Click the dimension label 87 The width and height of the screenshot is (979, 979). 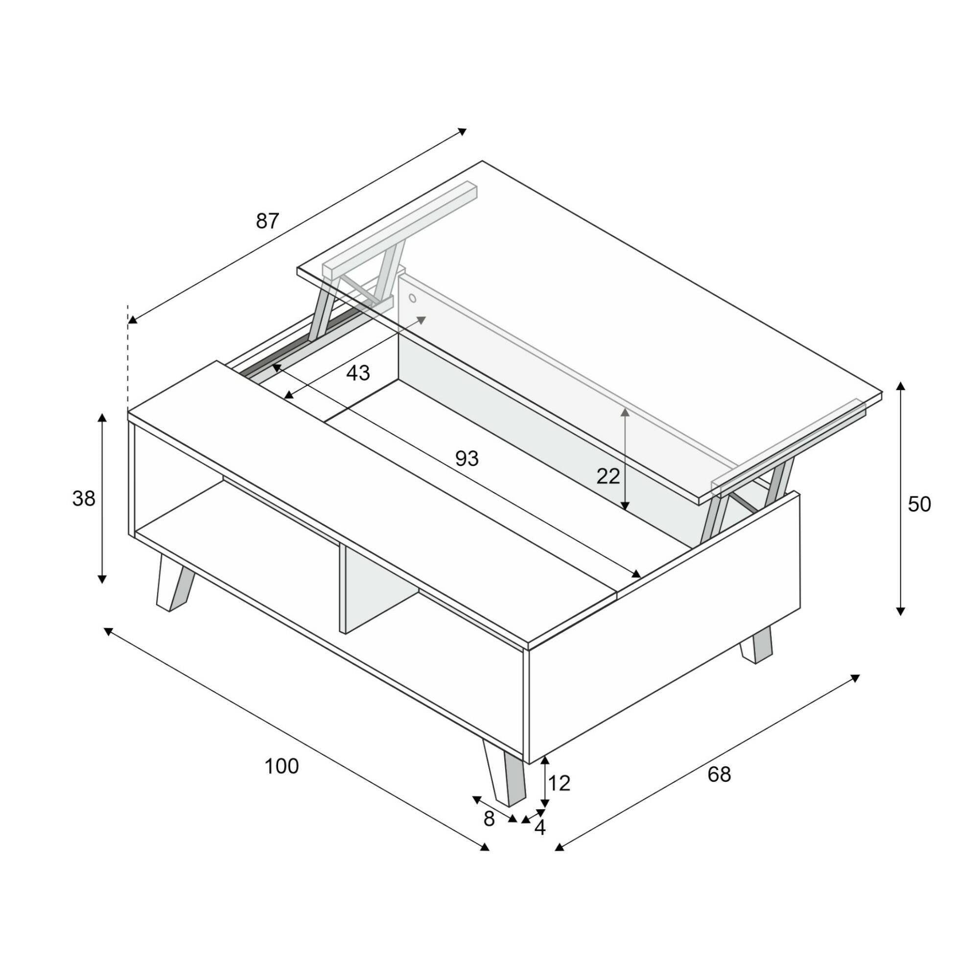(268, 221)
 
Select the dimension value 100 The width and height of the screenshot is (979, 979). (282, 767)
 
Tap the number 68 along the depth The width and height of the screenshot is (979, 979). (719, 775)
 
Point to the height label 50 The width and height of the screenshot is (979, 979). (919, 505)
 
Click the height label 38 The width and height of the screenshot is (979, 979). (84, 499)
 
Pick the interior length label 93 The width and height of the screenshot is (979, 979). (466, 459)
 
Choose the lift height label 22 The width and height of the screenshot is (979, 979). (608, 476)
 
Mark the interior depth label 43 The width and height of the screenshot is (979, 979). (358, 373)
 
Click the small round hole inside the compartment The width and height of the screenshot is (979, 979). (413, 298)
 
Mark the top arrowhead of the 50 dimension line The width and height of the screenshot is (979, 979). (901, 386)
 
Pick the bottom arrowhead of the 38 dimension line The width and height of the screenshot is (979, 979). (102, 579)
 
